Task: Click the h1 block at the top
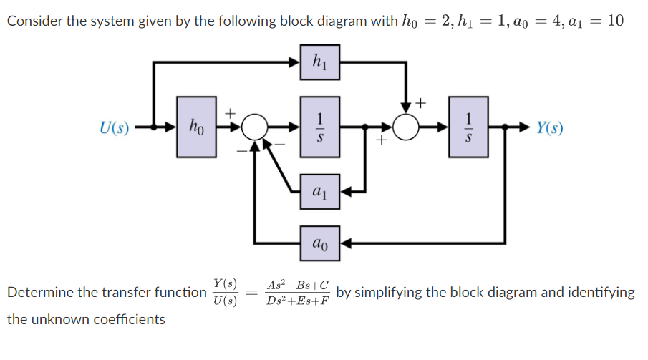coord(319,63)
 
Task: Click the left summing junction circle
coord(254,129)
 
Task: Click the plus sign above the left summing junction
coord(231,113)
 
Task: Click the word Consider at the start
coord(33,21)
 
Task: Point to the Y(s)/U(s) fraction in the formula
coord(226,292)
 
